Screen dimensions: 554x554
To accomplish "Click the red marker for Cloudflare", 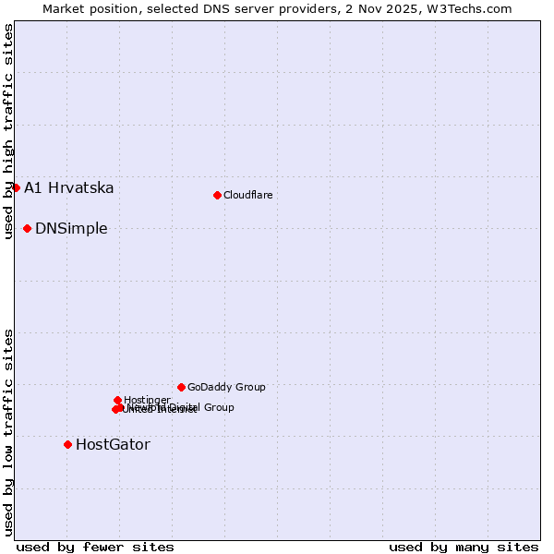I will pyautogui.click(x=217, y=195).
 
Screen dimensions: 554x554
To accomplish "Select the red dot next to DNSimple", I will pyautogui.click(x=28, y=228).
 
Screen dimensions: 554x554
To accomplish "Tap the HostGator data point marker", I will pyautogui.click(x=67, y=444).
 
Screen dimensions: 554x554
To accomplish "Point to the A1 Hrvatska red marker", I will pyautogui.click(x=16, y=187).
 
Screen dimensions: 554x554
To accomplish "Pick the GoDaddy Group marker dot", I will pyautogui.click(x=181, y=387).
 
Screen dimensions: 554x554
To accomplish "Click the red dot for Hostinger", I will pyautogui.click(x=117, y=400).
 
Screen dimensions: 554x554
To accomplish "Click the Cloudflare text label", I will pyautogui.click(x=247, y=195).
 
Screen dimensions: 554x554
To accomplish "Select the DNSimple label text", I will pyautogui.click(x=71, y=228).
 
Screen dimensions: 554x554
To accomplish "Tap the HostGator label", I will pyautogui.click(x=113, y=444).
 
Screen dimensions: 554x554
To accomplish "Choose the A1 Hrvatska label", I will pyautogui.click(x=69, y=187).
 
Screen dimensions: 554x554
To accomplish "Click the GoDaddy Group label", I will pyautogui.click(x=226, y=387).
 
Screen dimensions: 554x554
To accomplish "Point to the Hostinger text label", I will pyautogui.click(x=147, y=400).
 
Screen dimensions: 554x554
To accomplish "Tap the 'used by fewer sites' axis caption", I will pyautogui.click(x=95, y=547).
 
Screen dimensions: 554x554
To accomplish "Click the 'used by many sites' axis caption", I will pyautogui.click(x=464, y=547).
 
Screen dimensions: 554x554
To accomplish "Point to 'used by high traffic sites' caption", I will pyautogui.click(x=8, y=131).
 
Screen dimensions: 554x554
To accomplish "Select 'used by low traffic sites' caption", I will pyautogui.click(x=8, y=432).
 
